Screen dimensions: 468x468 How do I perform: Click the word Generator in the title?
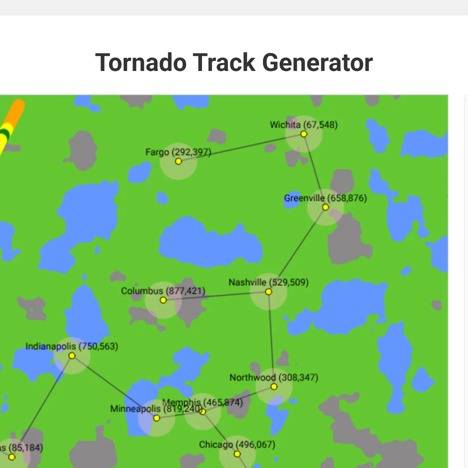click(317, 63)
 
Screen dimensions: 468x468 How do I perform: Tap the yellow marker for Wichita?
click(303, 134)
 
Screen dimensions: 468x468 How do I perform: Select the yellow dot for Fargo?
click(178, 161)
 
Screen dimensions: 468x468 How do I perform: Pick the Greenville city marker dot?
click(325, 207)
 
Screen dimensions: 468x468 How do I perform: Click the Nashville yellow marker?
click(268, 292)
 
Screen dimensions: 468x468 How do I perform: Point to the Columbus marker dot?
click(163, 300)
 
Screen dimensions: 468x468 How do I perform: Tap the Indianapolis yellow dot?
click(72, 356)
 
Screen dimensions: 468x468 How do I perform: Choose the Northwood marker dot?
click(274, 386)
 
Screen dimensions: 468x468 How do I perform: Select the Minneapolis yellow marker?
click(156, 418)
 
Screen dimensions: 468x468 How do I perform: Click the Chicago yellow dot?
click(237, 454)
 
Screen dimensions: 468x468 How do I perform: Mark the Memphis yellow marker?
click(202, 411)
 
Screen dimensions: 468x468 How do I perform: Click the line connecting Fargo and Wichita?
click(241, 148)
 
